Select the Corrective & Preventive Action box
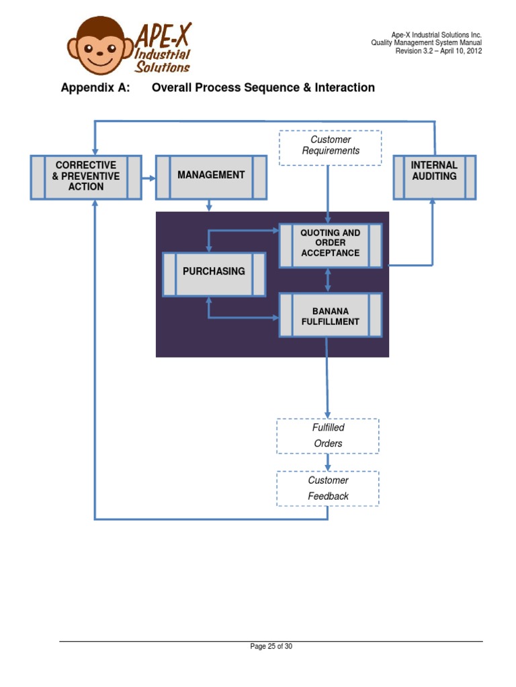[x=86, y=176]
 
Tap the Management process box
[x=211, y=176]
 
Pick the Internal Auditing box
[x=434, y=176]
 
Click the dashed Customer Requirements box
[x=331, y=146]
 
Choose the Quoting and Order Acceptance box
[x=331, y=244]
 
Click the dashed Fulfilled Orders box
[x=328, y=435]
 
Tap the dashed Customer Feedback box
[x=328, y=488]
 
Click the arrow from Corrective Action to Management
[x=148, y=178]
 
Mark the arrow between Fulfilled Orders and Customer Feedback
[x=328, y=462]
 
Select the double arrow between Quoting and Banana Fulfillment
[x=328, y=280]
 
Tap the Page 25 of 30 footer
[x=271, y=647]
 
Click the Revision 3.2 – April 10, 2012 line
[x=438, y=51]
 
